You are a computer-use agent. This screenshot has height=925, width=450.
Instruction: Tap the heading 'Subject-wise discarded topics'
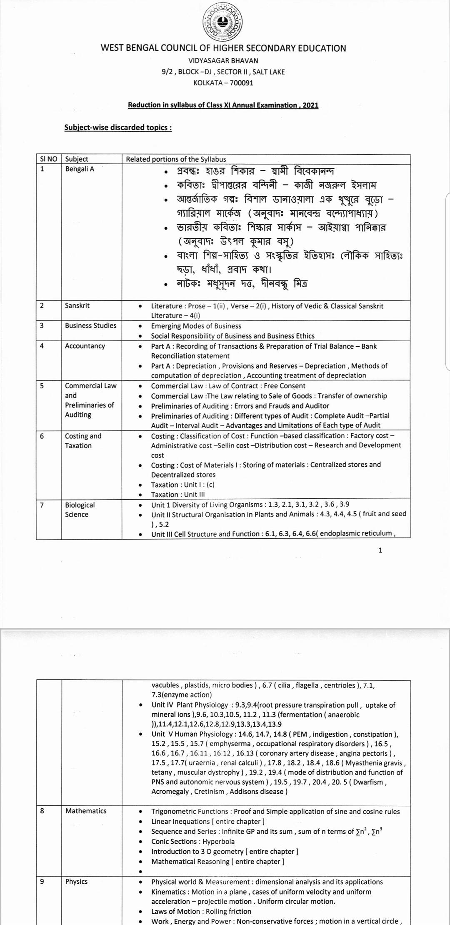point(118,127)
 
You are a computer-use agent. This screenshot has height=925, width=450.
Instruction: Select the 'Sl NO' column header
point(49,159)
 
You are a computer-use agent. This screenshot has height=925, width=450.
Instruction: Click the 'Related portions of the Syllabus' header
point(176,159)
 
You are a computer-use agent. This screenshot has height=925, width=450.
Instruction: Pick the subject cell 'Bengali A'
point(80,169)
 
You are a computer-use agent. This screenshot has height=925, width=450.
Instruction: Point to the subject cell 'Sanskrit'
point(77,305)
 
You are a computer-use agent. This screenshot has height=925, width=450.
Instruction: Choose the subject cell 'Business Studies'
point(90,325)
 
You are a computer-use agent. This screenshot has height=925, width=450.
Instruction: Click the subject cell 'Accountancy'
point(85,346)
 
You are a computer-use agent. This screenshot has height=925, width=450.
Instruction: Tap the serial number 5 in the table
point(42,385)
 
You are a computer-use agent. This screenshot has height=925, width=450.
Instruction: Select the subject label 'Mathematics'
point(86,811)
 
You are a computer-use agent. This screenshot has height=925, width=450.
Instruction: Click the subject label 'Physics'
point(76,882)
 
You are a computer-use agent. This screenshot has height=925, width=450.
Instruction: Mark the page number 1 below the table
point(380,550)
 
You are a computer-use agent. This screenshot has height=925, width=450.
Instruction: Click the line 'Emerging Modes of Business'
point(196,326)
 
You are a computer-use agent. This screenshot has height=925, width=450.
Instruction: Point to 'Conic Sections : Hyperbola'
point(193,841)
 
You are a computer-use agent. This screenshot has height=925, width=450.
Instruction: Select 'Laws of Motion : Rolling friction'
point(201,911)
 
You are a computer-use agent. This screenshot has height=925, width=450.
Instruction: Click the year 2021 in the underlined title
point(310,105)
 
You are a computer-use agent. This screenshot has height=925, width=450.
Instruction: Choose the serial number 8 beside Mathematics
point(42,811)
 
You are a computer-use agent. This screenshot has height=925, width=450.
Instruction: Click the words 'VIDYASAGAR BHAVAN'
point(223,61)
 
